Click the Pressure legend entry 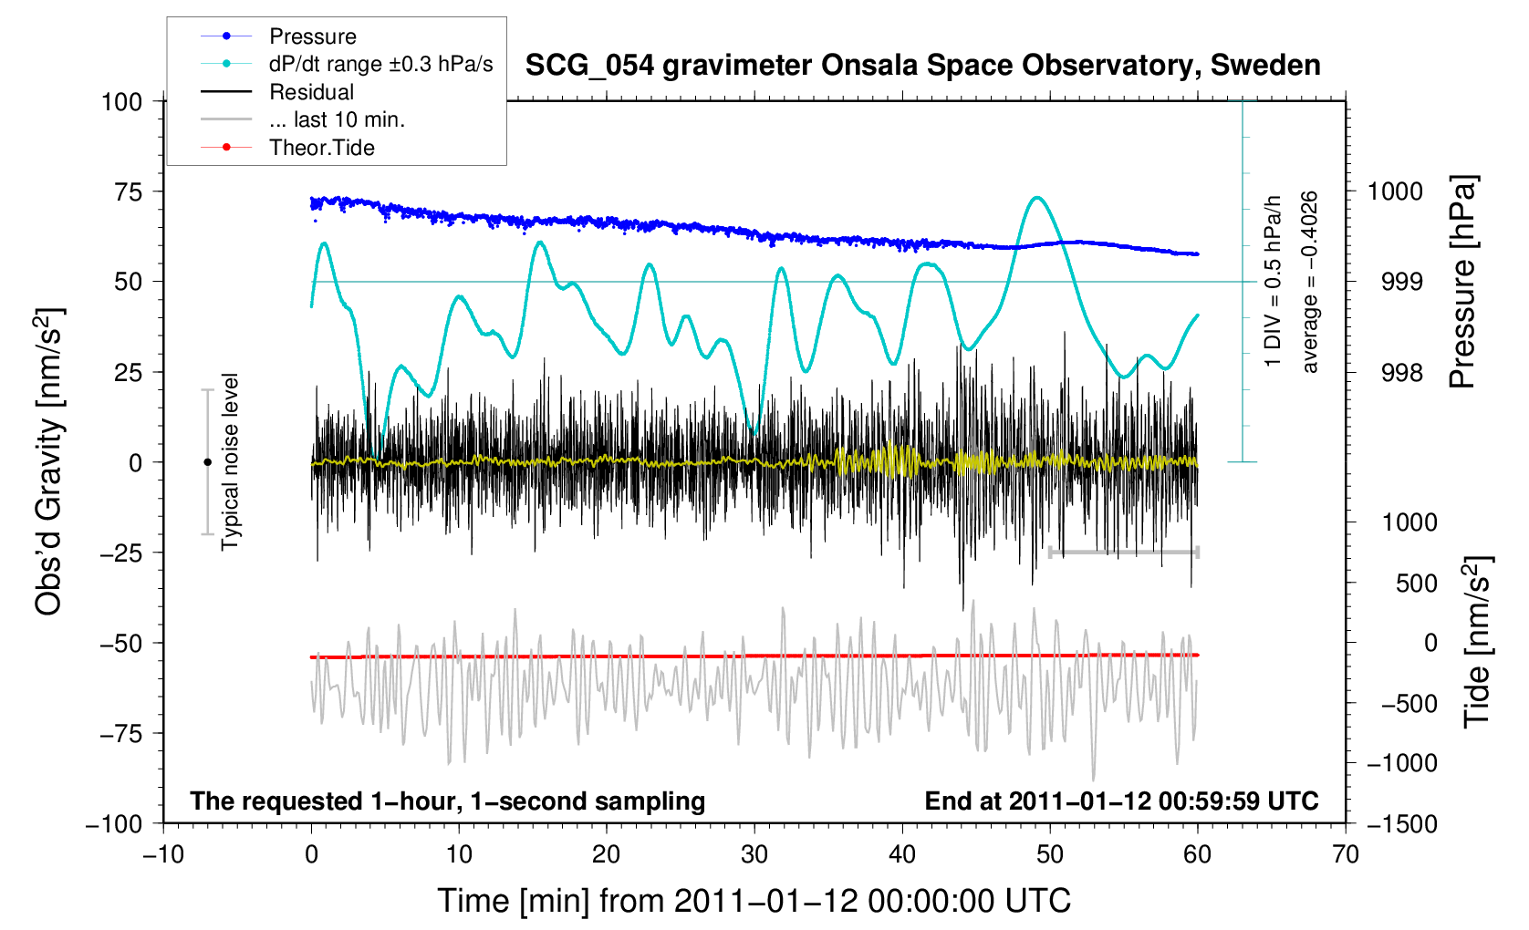coord(312,36)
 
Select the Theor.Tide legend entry coord(321,148)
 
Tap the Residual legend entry coord(311,92)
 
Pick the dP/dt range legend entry coord(380,64)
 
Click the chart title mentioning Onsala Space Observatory coord(922,66)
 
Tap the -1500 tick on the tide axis coord(1401,824)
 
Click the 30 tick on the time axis coord(754,855)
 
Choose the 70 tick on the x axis coord(1346,855)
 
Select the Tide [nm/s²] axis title coord(1475,643)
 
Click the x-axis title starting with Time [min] coord(754,901)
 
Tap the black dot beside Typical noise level coord(207,462)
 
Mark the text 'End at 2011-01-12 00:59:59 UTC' coord(1121,801)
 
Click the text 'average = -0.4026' coord(1310,282)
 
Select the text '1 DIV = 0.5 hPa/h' coord(1274,282)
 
